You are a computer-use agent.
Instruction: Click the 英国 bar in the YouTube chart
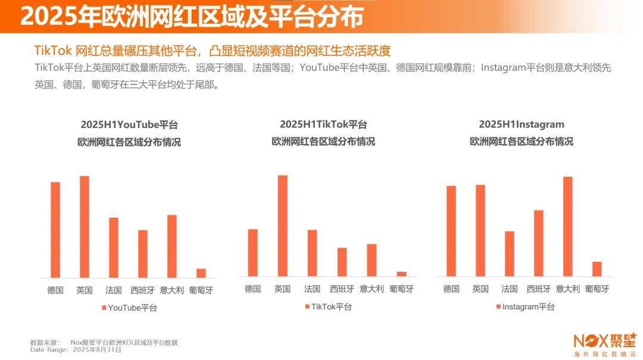(85, 227)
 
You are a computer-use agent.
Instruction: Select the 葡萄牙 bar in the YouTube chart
(201, 273)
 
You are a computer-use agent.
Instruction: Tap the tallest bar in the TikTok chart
(282, 226)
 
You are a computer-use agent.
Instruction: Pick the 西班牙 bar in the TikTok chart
(342, 262)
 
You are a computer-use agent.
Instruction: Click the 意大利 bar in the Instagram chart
(567, 226)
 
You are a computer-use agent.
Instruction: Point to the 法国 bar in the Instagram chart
(509, 253)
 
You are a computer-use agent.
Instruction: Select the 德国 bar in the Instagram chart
(451, 231)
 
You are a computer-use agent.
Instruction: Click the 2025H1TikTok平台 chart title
(323, 124)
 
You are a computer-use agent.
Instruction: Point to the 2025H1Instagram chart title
(522, 124)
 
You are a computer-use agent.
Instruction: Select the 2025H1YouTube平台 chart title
(129, 125)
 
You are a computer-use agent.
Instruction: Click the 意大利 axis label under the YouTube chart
(172, 290)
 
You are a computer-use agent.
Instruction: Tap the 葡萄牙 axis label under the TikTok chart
(401, 289)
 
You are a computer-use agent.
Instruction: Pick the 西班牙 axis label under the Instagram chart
(538, 289)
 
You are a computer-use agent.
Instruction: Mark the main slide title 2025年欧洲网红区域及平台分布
(191, 17)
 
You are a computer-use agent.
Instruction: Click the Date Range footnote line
(76, 350)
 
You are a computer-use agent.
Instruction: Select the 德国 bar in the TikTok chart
(253, 252)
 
